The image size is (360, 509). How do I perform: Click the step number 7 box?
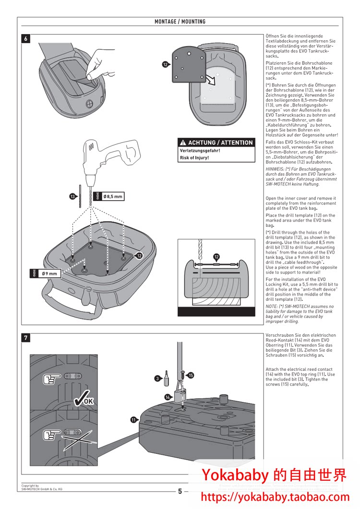tap(26, 338)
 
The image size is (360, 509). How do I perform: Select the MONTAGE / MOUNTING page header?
tap(180, 22)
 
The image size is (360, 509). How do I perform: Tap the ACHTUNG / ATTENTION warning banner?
tap(216, 142)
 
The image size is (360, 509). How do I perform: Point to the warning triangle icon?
tap(183, 142)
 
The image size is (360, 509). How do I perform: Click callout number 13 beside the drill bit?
tap(72, 197)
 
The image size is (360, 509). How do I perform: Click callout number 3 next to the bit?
tap(157, 379)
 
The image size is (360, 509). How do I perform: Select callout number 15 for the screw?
tap(191, 376)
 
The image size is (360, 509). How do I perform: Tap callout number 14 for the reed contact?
tap(168, 397)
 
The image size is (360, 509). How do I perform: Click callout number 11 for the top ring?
tap(134, 420)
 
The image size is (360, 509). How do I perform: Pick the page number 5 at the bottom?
tap(180, 491)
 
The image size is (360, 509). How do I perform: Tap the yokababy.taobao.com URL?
tap(275, 497)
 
